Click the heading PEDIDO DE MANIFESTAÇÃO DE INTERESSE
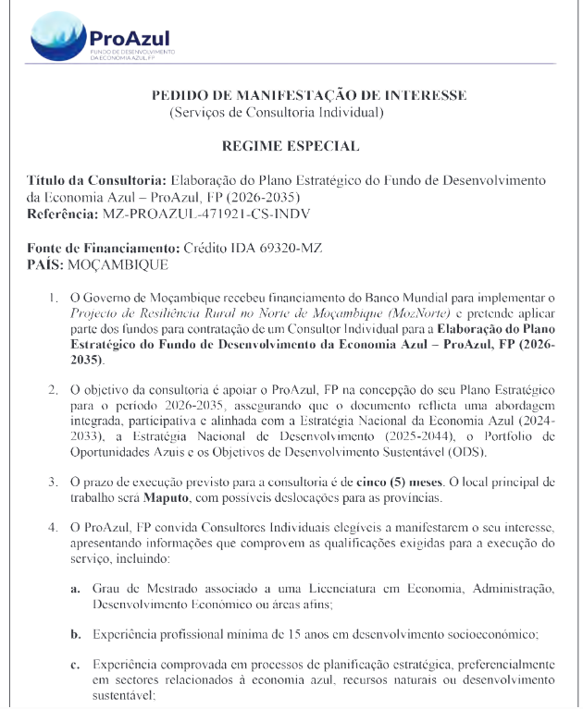point(309,95)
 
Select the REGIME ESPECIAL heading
point(291,146)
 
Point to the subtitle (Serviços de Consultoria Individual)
point(277,113)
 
